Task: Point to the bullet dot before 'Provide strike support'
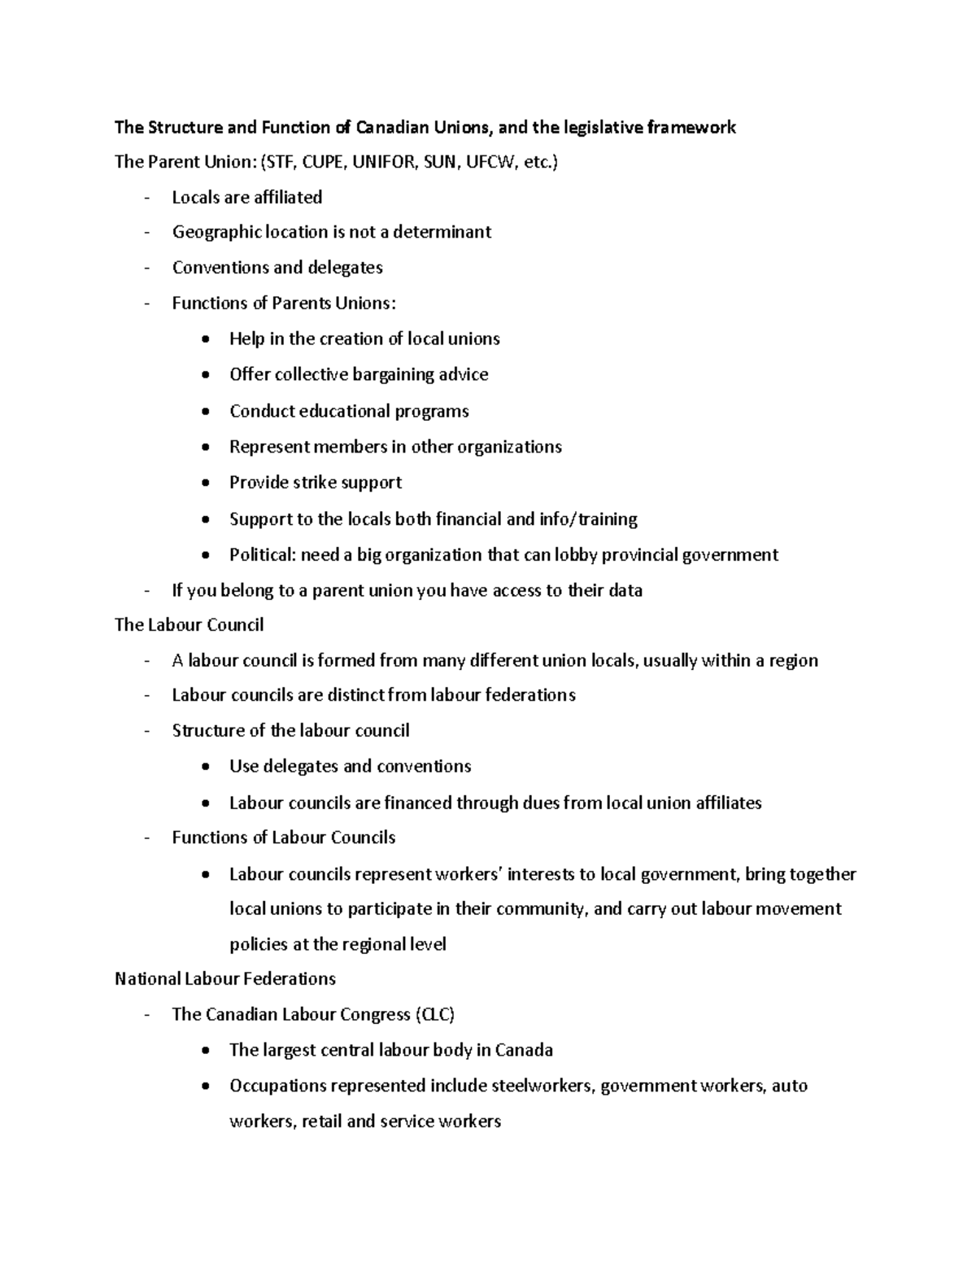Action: [x=208, y=483]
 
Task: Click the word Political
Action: [x=262, y=555]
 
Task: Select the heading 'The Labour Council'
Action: [x=189, y=625]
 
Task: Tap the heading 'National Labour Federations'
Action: [x=225, y=978]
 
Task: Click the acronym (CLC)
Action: [x=434, y=1014]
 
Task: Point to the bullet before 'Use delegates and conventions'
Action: [x=208, y=767]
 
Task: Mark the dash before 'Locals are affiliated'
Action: [x=146, y=198]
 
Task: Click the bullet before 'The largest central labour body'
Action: [x=208, y=1051]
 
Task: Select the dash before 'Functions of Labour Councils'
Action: [x=146, y=838]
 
